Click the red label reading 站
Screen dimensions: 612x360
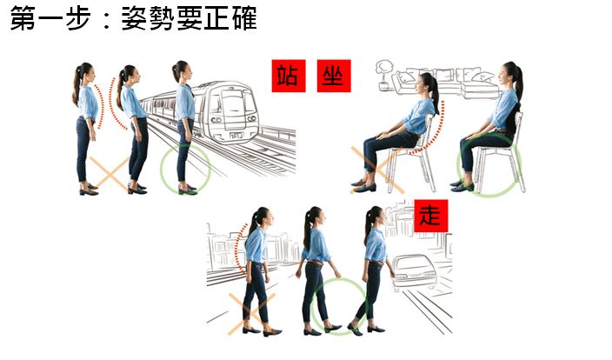pyautogui.click(x=289, y=76)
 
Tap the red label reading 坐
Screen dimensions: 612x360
pyautogui.click(x=334, y=76)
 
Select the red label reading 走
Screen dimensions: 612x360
pyautogui.click(x=431, y=216)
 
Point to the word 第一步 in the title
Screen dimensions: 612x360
pyautogui.click(x=50, y=19)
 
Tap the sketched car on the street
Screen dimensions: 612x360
pyautogui.click(x=414, y=272)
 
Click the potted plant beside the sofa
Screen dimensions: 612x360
pyautogui.click(x=384, y=75)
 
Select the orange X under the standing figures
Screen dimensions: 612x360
pyautogui.click(x=110, y=172)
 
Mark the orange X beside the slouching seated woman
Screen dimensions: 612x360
pyautogui.click(x=377, y=170)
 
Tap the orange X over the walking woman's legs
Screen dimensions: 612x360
pyautogui.click(x=252, y=314)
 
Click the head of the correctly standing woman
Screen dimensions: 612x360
pyautogui.click(x=183, y=71)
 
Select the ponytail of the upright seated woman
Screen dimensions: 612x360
pyautogui.click(x=518, y=84)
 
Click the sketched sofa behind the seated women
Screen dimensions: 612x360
pyautogui.click(x=445, y=83)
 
